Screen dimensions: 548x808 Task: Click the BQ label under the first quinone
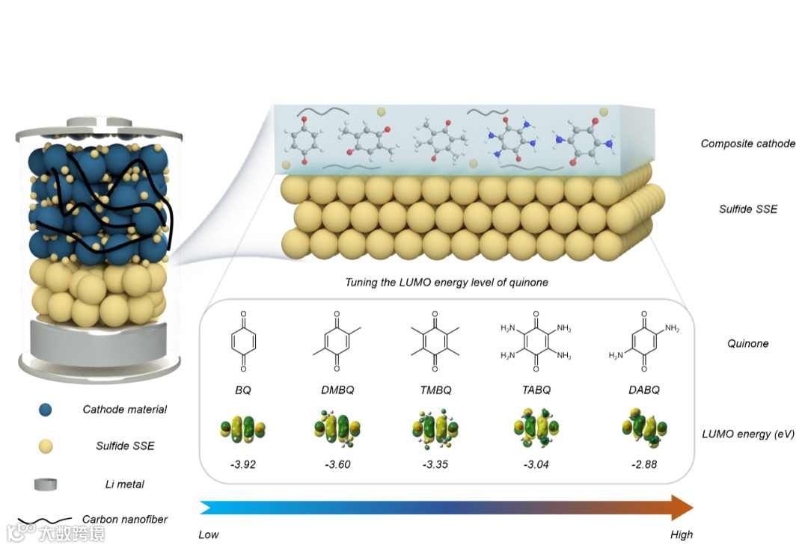point(244,390)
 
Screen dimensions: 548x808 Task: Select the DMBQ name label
point(337,390)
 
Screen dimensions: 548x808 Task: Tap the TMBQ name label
point(434,390)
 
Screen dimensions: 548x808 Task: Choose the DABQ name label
point(644,390)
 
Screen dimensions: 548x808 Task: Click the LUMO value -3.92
point(244,464)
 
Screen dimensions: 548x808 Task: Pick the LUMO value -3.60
point(337,464)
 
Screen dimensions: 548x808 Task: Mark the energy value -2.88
point(644,464)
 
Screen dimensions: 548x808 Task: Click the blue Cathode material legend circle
point(46,410)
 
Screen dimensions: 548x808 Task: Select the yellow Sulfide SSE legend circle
point(46,447)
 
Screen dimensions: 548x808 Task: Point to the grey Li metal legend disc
point(46,484)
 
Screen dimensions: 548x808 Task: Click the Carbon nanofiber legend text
point(125,519)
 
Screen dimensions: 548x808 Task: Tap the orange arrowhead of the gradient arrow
point(680,508)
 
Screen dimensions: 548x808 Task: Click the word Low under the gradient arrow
point(209,535)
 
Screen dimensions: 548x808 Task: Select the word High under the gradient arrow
point(681,535)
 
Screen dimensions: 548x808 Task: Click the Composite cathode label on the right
point(747,144)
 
